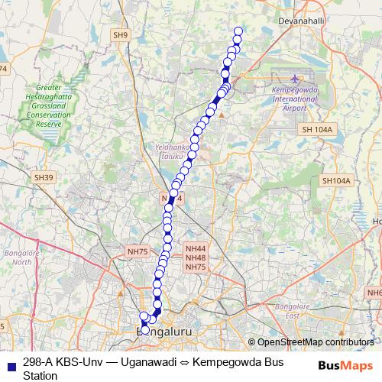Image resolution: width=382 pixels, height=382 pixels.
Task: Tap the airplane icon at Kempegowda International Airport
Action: [296, 79]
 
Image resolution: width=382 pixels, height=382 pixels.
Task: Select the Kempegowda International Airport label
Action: [294, 99]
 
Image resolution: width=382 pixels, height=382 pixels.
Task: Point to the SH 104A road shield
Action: [317, 130]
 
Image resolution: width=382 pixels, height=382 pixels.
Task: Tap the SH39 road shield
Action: [44, 177]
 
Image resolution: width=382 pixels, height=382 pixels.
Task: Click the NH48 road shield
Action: [196, 258]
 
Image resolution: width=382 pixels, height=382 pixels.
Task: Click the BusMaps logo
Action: [346, 365]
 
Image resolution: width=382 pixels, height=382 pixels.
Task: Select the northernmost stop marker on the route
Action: [238, 32]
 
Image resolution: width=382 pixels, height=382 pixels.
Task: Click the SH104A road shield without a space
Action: [335, 181]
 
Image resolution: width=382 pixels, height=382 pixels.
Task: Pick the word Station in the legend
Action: [40, 375]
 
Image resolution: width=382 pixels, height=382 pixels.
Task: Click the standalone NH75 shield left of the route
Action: [138, 251]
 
